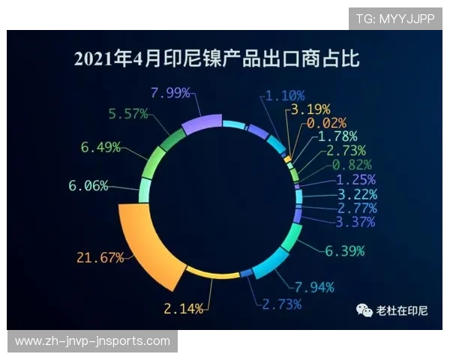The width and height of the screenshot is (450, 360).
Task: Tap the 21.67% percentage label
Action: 100,258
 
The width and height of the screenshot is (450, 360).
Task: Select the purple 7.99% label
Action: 170,93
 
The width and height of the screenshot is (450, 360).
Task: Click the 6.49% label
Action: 100,147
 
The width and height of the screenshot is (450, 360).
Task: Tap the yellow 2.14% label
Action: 183,308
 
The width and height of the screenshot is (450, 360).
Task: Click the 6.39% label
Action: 345,250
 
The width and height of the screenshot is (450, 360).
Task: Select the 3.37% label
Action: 355,221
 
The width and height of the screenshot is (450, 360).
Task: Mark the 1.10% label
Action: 284,95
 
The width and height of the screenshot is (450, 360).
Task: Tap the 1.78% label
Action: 337,136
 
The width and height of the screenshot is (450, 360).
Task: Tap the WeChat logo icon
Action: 364,310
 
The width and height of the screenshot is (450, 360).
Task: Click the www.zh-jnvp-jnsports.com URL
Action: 92,341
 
